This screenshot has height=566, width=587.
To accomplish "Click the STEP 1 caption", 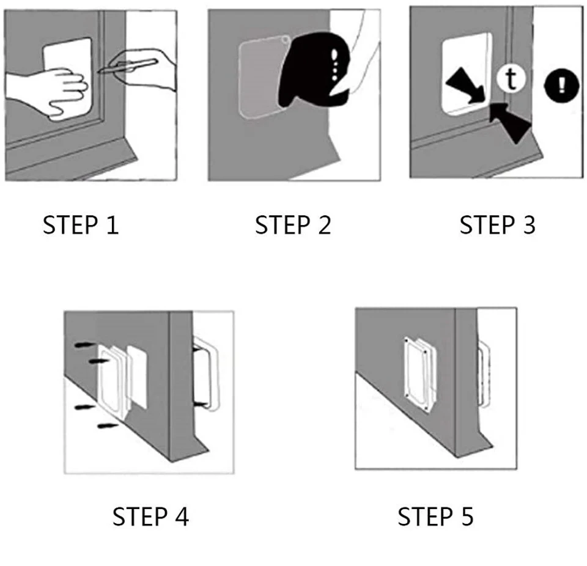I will [x=80, y=225].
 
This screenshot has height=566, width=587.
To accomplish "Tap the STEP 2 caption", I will [x=293, y=225].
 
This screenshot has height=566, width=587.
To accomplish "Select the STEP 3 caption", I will [x=497, y=225].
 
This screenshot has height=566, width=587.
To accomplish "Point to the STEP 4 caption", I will [x=150, y=517].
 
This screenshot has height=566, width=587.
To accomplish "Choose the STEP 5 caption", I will [x=435, y=517].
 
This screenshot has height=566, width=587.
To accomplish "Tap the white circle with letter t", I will [x=508, y=78].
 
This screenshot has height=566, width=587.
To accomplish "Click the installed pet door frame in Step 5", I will [x=418, y=370].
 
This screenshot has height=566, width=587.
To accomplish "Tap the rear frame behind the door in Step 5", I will [x=483, y=373].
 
